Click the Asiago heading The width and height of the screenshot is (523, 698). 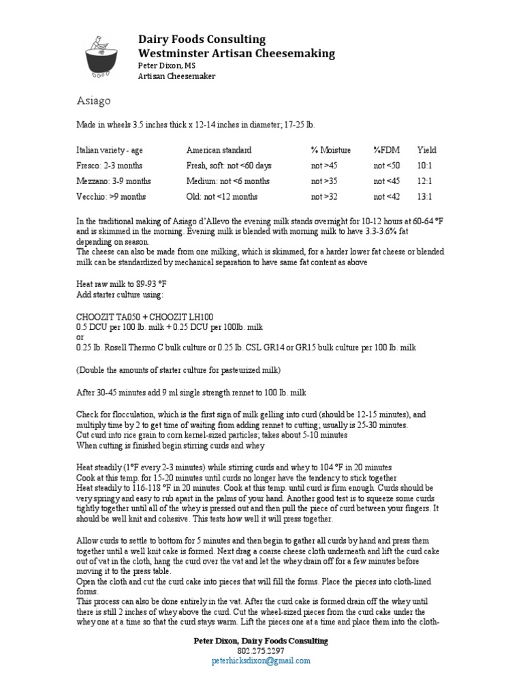pos(92,101)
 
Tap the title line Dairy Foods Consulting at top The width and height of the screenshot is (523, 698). pos(202,39)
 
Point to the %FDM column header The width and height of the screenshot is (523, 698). pos(388,150)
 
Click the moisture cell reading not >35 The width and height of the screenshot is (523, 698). pos(324,181)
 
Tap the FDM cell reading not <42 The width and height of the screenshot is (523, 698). pos(387,197)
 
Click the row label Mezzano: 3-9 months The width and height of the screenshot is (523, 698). pos(113,181)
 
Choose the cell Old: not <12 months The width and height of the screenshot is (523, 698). pos(221,197)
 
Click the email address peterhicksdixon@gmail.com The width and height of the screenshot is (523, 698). pos(261,661)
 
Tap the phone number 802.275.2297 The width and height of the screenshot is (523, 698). pos(261,651)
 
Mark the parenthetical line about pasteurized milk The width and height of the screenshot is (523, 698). pos(178,369)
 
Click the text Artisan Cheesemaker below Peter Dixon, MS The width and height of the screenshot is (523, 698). pos(176,76)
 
